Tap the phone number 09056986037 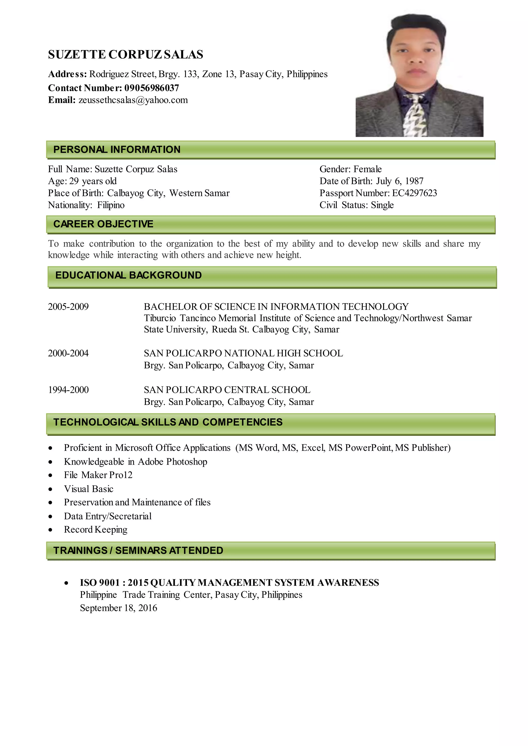(x=152, y=88)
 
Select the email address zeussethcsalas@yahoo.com (x=133, y=100)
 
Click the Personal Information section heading (x=117, y=149)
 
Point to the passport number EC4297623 (x=415, y=193)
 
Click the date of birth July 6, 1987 (x=400, y=181)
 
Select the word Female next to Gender (x=367, y=169)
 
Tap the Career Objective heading (x=103, y=224)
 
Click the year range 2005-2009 (x=68, y=307)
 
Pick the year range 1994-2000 (x=68, y=390)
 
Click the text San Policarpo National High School (x=243, y=353)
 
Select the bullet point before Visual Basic (x=50, y=489)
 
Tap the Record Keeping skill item (x=96, y=530)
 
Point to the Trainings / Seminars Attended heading (x=138, y=550)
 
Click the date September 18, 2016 (x=118, y=608)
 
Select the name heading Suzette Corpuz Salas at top (x=126, y=55)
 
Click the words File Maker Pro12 (x=98, y=475)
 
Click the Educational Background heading (x=128, y=275)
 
